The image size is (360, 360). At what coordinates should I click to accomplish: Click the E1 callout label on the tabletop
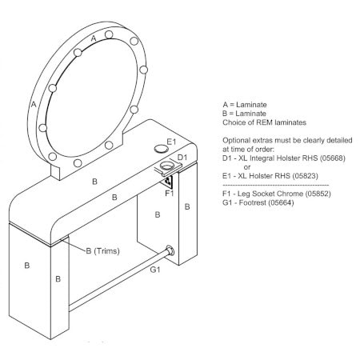pyautogui.click(x=171, y=142)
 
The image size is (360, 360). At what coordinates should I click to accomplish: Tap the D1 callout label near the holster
pyautogui.click(x=182, y=158)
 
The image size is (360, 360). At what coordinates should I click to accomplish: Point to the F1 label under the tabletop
pyautogui.click(x=170, y=193)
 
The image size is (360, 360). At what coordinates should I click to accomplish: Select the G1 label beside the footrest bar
pyautogui.click(x=155, y=270)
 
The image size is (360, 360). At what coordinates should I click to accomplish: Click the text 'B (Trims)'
pyautogui.click(x=102, y=251)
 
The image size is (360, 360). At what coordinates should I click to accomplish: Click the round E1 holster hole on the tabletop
pyautogui.click(x=161, y=148)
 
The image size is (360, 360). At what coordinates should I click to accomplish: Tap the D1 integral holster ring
pyautogui.click(x=166, y=166)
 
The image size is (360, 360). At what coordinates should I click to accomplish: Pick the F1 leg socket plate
pyautogui.click(x=168, y=181)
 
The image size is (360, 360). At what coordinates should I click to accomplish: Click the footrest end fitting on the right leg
pyautogui.click(x=170, y=250)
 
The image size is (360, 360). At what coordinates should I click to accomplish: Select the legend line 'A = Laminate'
pyautogui.click(x=245, y=105)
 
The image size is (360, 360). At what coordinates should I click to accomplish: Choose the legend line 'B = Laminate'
pyautogui.click(x=244, y=114)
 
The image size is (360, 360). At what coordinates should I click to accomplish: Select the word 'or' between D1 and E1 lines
pyautogui.click(x=247, y=167)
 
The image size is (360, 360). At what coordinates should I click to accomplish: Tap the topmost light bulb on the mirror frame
pyautogui.click(x=109, y=34)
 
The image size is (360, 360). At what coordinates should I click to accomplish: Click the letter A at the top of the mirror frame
pyautogui.click(x=94, y=38)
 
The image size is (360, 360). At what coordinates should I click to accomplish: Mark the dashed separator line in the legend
pyautogui.click(x=276, y=185)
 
